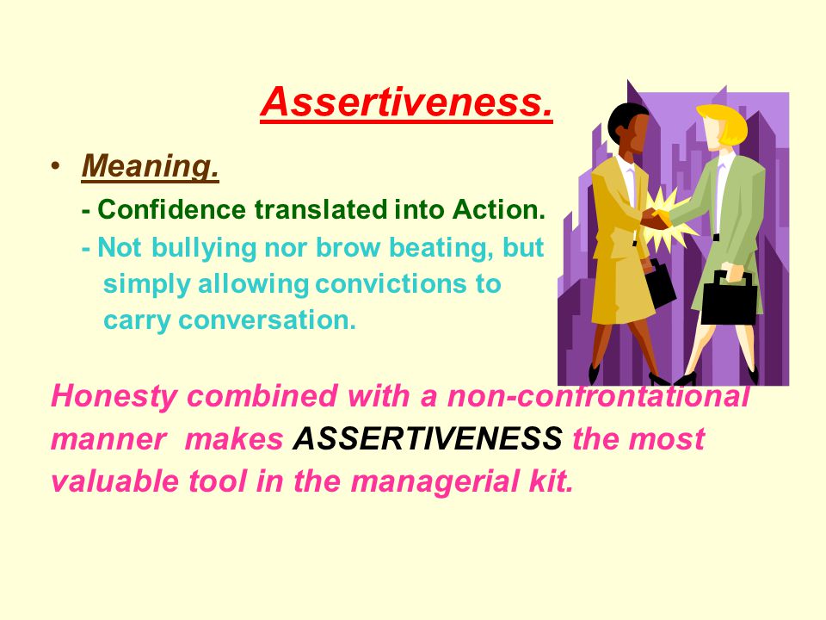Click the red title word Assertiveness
(406, 102)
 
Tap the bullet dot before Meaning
(55, 165)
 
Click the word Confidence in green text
(172, 209)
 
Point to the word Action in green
(498, 209)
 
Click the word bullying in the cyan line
(203, 247)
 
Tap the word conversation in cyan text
(267, 320)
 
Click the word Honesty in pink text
(114, 396)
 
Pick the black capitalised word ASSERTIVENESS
(428, 438)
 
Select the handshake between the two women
(656, 217)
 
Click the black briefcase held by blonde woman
(729, 301)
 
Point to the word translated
(320, 209)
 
